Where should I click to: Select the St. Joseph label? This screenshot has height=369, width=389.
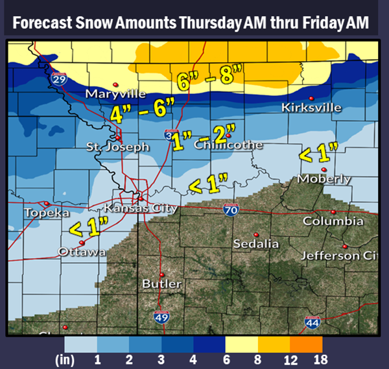point(117,147)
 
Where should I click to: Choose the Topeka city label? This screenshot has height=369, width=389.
point(46,213)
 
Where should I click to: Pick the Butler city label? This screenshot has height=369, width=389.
point(158,284)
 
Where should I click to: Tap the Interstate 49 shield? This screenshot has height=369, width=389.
point(161,317)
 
